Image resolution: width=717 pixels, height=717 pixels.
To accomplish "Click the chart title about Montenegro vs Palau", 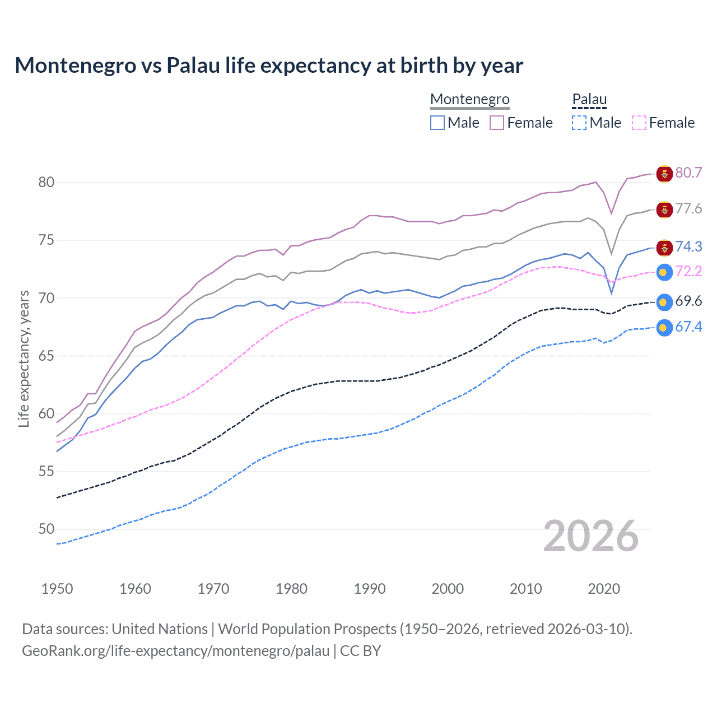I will coord(269,66).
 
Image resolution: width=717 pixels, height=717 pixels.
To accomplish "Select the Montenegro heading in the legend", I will coord(469,99).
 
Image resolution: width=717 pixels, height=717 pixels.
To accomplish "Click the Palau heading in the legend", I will coord(589,99).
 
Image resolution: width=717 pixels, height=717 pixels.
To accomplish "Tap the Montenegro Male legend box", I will coord(437,123).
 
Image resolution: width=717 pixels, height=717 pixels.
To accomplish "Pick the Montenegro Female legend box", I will coord(497,123).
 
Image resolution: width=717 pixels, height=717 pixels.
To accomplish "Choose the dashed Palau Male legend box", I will coord(579,123).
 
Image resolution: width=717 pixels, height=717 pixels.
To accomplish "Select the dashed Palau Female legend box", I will coord(639,123).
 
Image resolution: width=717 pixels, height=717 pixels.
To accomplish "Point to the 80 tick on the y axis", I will coord(46,182).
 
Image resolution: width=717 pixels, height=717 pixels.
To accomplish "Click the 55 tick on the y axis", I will coord(46,471).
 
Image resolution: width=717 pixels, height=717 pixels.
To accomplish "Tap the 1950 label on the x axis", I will coord(57,589).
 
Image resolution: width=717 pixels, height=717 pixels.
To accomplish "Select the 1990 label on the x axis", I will coord(370,589).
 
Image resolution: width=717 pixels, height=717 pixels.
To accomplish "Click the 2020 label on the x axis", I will coord(604,589).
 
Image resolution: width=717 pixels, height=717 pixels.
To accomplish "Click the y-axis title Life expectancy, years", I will coord(24,358).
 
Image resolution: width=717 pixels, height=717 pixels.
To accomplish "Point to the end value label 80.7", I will coord(688,173).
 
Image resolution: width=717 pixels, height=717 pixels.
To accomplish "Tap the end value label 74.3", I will coord(688,246).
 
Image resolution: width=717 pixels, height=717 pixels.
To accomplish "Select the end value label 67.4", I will coord(688,327).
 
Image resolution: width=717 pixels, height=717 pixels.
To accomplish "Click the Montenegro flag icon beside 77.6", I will coord(664,210).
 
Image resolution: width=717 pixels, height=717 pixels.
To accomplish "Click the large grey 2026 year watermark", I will coord(590,536).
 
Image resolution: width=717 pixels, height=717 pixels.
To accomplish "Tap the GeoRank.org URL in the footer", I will coord(175,651).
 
